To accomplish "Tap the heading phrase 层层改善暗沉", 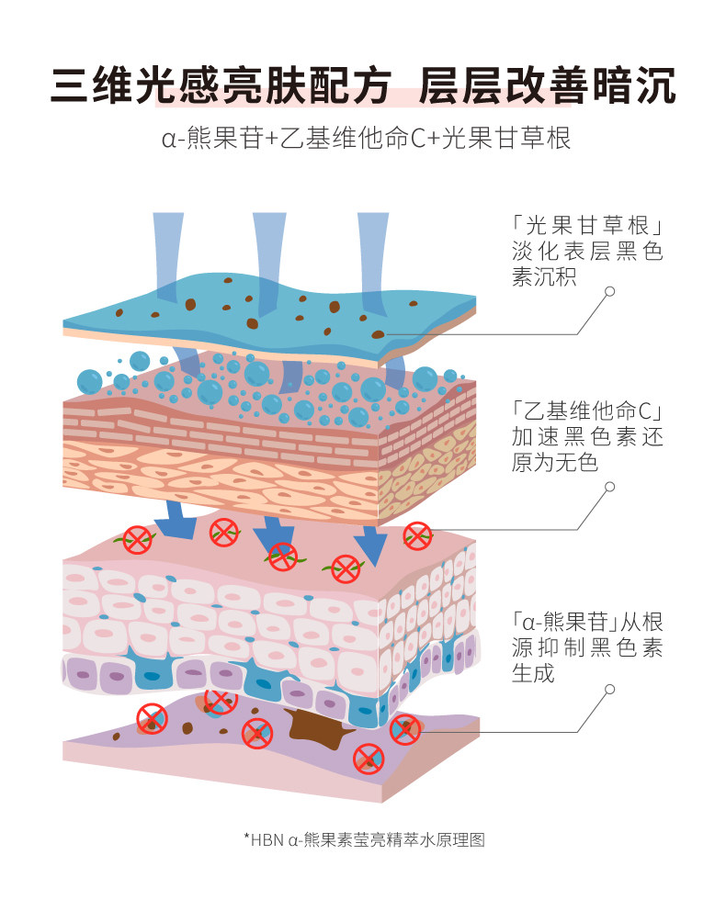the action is click(x=547, y=87).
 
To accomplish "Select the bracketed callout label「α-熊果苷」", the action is click(x=562, y=622).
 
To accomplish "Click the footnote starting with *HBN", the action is click(x=363, y=838).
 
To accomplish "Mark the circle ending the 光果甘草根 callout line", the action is click(x=609, y=292).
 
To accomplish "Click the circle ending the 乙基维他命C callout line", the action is click(x=609, y=487).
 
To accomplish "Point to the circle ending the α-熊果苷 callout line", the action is click(x=609, y=688).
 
